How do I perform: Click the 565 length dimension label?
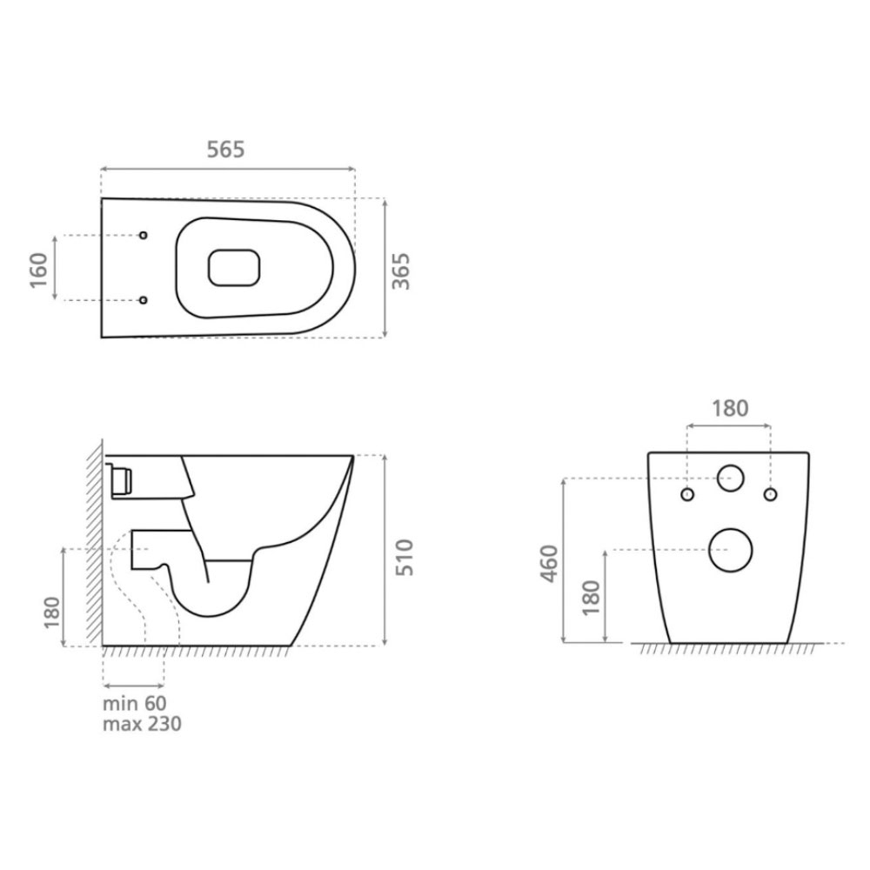pos(225,150)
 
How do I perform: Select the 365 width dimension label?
pos(401,271)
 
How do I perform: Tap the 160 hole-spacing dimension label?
pos(39,271)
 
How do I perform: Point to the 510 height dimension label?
pos(405,557)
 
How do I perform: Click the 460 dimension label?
pos(549,564)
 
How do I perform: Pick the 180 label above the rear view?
pos(730,408)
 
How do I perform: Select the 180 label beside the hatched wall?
pos(51,612)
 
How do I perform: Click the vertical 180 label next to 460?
pos(592,598)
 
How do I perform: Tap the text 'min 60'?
pos(134,704)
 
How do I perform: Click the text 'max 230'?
pos(142,724)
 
